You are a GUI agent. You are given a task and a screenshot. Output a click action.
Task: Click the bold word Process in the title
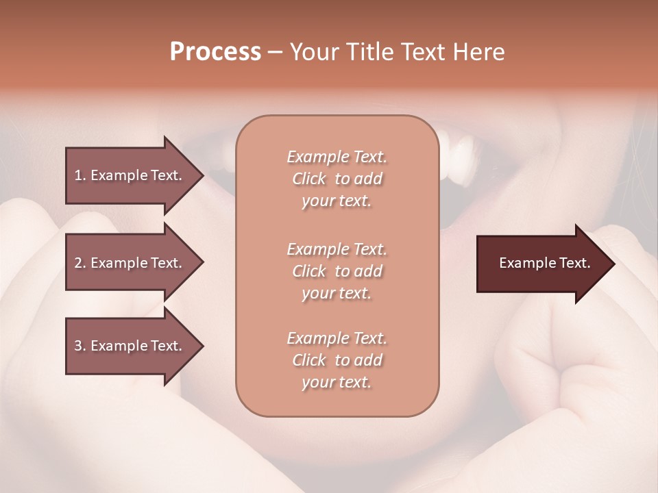click(215, 52)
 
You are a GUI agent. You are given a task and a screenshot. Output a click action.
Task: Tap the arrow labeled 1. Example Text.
click(130, 175)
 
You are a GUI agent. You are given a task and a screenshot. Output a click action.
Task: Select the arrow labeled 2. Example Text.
click(130, 263)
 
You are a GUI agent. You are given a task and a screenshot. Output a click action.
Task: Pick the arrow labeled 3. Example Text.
click(130, 346)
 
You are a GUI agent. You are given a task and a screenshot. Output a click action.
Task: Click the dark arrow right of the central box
click(541, 264)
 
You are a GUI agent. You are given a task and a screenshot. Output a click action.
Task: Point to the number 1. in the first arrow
click(80, 175)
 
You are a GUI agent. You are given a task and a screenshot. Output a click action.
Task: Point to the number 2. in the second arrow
click(80, 263)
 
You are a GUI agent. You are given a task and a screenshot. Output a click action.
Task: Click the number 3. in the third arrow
click(80, 346)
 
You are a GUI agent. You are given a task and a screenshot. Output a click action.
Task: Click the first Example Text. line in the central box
click(337, 157)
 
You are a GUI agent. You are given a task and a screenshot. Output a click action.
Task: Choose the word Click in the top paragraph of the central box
click(308, 179)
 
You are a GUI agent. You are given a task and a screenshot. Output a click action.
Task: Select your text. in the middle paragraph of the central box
click(337, 293)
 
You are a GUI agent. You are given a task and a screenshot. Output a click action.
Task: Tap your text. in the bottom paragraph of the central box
click(337, 382)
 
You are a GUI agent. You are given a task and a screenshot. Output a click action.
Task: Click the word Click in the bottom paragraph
click(308, 360)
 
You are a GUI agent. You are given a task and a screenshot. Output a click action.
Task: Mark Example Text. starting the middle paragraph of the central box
click(337, 249)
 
